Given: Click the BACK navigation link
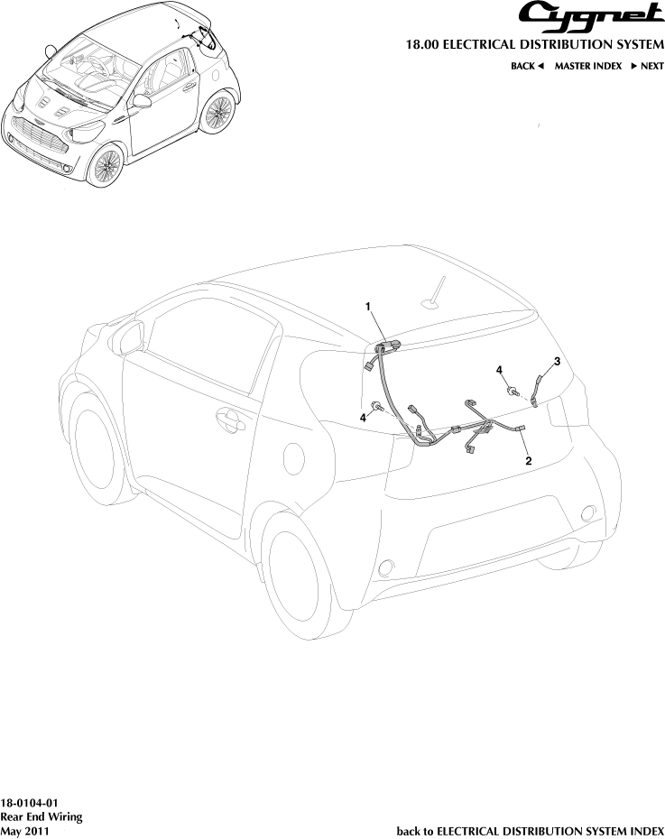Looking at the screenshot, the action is [527, 66].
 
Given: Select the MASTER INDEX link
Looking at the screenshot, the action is [588, 66].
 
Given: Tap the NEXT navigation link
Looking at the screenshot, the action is [647, 66].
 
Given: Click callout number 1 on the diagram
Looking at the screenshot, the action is [368, 307].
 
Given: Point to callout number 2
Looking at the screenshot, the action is [529, 461].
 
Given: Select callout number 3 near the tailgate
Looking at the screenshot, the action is [557, 362].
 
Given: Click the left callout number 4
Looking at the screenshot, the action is [364, 418].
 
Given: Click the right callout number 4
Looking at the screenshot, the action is [499, 370].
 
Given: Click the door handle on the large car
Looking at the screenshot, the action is [231, 420].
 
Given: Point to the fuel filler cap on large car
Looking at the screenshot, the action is [294, 458].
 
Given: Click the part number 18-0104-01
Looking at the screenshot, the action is [29, 803].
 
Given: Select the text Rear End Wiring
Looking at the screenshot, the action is [42, 816].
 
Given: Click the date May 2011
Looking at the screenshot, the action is [24, 831].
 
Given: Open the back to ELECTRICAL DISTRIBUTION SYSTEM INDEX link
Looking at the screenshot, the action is [531, 831].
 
